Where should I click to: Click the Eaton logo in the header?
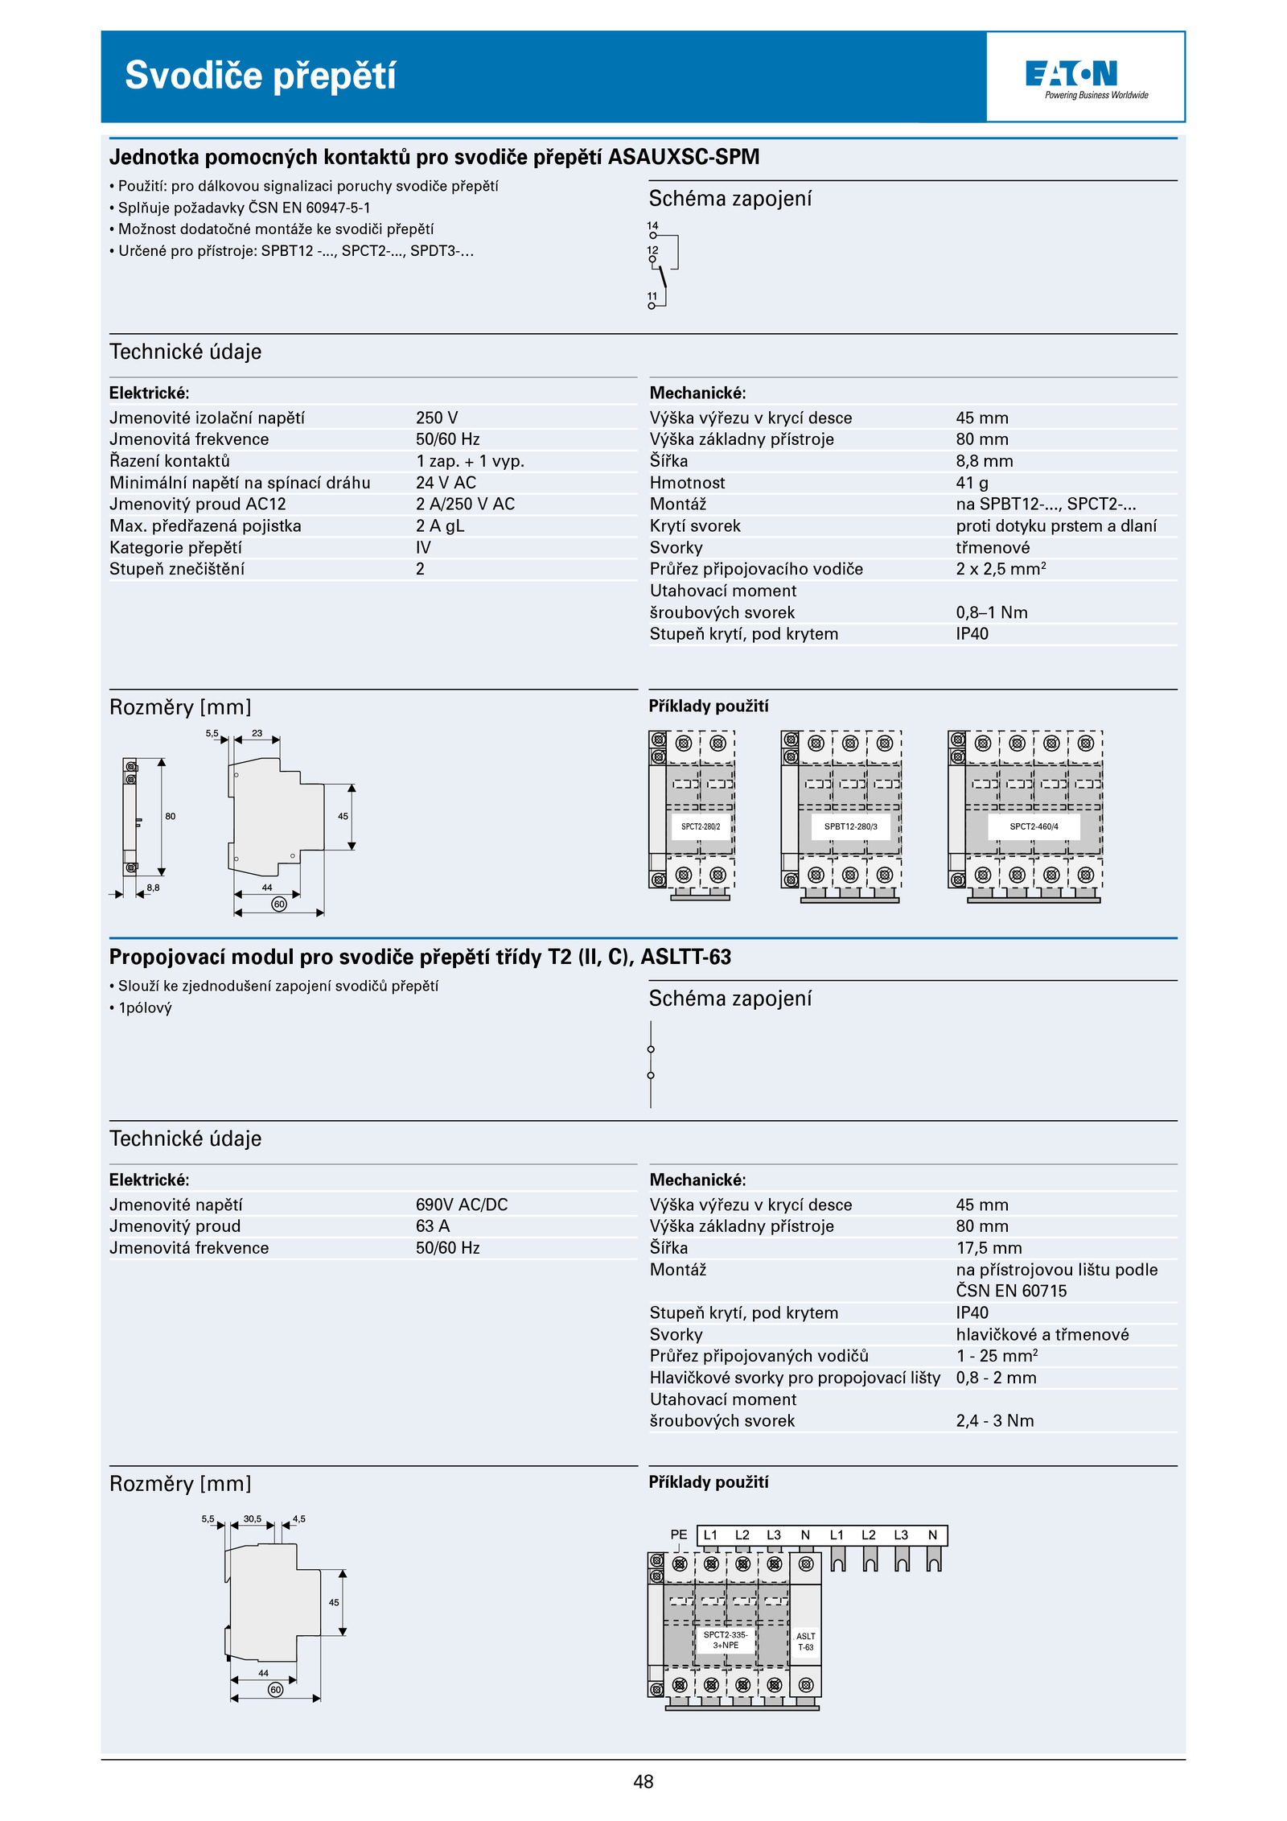(1071, 74)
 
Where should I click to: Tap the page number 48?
(643, 1782)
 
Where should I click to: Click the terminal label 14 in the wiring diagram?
(652, 226)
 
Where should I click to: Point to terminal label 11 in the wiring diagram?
(652, 296)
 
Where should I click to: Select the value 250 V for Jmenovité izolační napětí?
(437, 418)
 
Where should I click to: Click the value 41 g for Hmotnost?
(972, 483)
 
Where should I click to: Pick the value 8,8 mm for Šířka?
(984, 461)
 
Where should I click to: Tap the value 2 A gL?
(440, 526)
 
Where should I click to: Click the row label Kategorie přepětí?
(175, 548)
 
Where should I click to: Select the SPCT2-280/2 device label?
(701, 826)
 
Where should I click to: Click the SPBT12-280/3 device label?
(850, 826)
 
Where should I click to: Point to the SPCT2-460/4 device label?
(1034, 826)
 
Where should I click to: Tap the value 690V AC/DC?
(462, 1205)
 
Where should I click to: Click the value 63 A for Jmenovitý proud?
(433, 1226)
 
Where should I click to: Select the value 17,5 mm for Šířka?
(989, 1248)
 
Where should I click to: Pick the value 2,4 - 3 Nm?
(995, 1421)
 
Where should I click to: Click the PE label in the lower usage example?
(679, 1535)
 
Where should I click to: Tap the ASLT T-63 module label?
(805, 1642)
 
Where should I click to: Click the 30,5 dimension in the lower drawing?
(253, 1519)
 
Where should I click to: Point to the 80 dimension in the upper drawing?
(171, 816)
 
